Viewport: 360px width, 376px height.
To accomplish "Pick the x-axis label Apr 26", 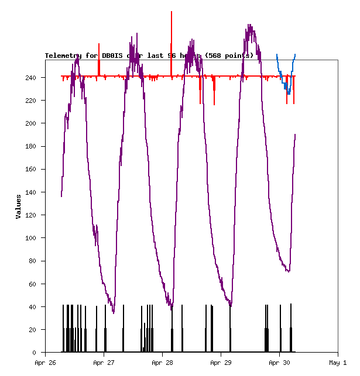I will point(46,363).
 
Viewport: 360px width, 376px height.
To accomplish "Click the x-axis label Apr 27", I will point(104,363).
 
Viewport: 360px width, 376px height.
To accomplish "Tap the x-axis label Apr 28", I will point(163,363).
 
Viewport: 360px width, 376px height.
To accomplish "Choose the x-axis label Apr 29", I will point(221,363).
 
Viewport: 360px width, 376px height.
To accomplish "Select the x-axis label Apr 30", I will point(280,363).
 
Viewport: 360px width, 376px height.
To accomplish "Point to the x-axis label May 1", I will point(338,363).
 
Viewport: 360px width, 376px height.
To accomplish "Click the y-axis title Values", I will point(19,206).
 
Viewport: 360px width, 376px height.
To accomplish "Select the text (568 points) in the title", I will point(229,56).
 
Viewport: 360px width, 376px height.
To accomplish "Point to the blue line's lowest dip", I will point(289,93).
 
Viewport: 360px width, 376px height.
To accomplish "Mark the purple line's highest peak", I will point(250,25).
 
